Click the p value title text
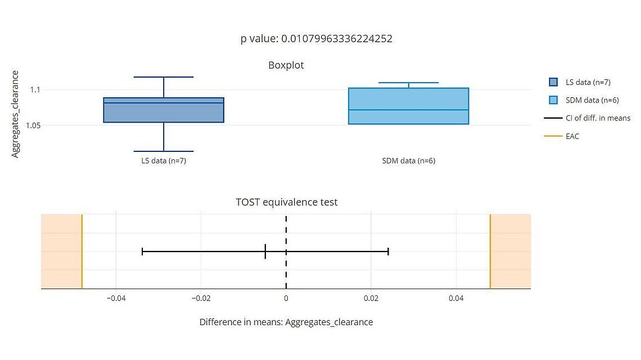(316, 39)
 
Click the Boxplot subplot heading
(286, 65)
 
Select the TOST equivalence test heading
(286, 202)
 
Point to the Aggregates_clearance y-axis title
(15, 114)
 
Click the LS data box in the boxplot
(164, 110)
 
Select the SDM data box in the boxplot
(408, 106)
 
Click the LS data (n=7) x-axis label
(164, 161)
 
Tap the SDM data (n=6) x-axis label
(408, 161)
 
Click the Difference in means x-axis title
(286, 322)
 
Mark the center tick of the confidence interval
(265, 251)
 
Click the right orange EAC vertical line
(490, 251)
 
